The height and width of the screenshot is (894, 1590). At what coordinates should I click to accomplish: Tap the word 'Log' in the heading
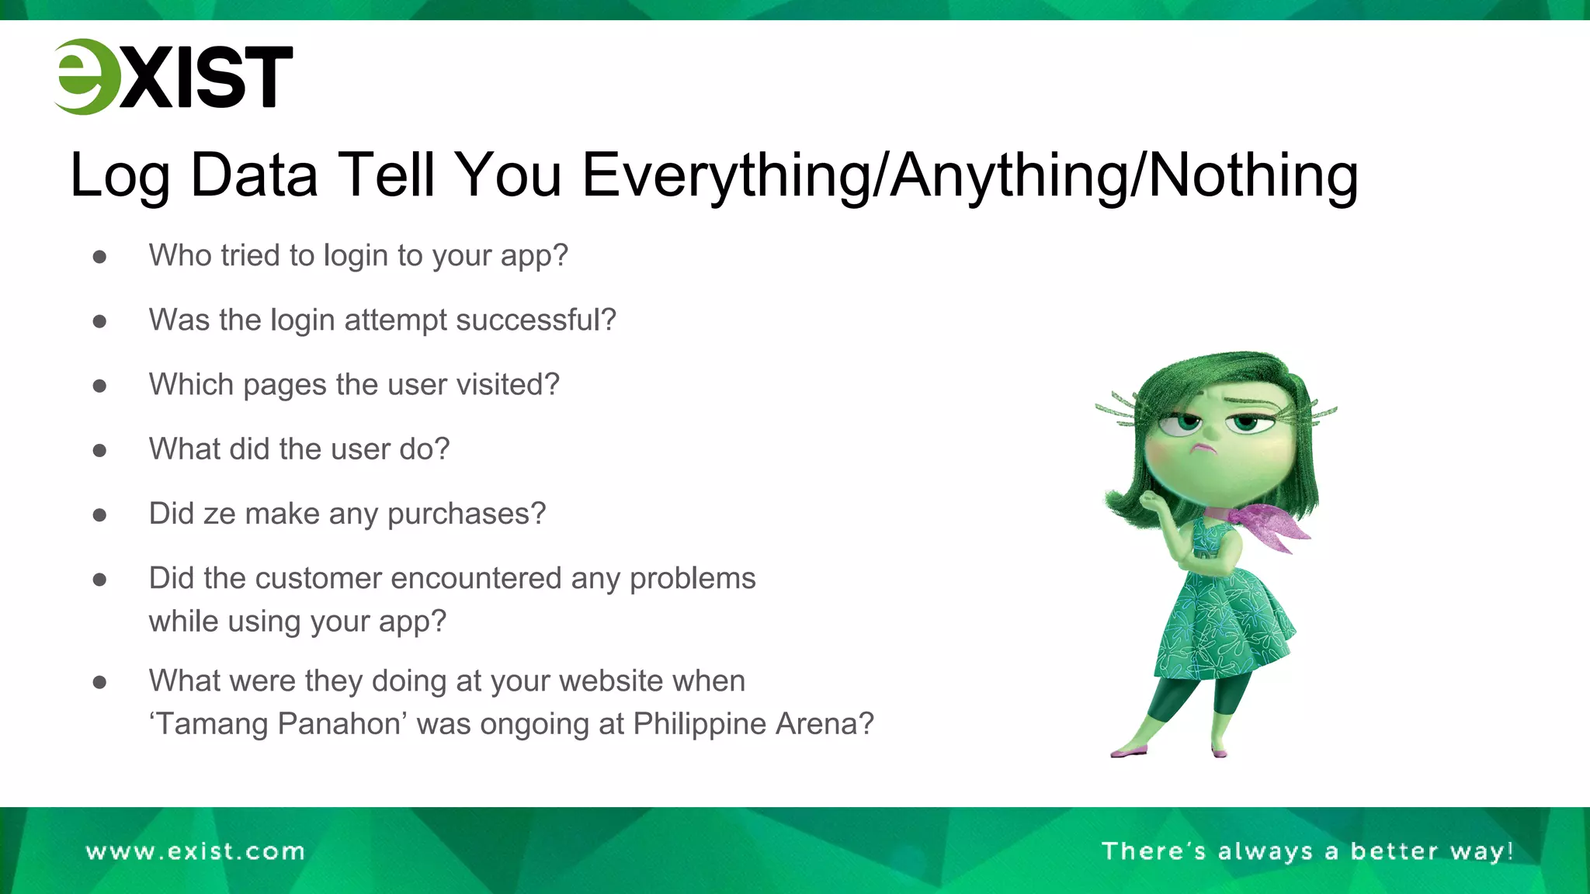pyautogui.click(x=119, y=176)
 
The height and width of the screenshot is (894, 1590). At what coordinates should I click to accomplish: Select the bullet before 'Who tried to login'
pyautogui.click(x=99, y=257)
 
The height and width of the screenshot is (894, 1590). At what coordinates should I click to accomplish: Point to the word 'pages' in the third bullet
pyautogui.click(x=284, y=385)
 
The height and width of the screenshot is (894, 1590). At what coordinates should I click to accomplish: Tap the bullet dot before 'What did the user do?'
pyautogui.click(x=99, y=450)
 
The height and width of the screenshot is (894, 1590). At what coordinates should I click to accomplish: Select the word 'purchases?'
pyautogui.click(x=467, y=515)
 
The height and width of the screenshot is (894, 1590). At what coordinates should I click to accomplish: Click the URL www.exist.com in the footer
pyautogui.click(x=195, y=851)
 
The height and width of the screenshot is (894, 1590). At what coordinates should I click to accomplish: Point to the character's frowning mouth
pyautogui.click(x=1204, y=449)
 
